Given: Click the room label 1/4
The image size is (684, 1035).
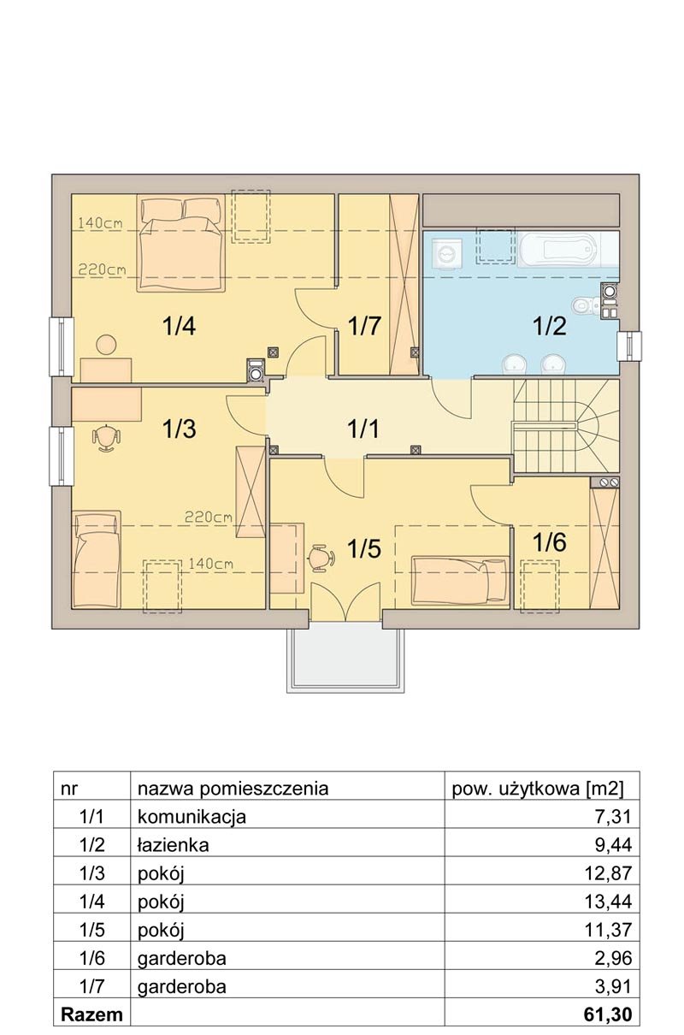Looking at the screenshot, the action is [180, 326].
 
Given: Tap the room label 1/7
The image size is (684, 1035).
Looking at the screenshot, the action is [364, 326].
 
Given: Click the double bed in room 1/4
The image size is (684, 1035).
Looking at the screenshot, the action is [180, 244].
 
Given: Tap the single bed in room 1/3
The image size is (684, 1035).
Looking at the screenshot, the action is [97, 559].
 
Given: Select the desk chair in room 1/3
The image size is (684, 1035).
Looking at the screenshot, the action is [106, 437].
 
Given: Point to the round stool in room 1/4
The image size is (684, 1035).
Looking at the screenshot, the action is [106, 344].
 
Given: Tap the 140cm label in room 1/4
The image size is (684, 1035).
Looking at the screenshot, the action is [100, 223].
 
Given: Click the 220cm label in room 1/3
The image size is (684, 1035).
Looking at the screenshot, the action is [209, 517].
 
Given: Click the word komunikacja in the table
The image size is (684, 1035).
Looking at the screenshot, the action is [192, 818].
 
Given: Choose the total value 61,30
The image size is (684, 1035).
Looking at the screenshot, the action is [608, 1014].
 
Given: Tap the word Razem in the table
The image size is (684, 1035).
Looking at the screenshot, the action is [91, 1014].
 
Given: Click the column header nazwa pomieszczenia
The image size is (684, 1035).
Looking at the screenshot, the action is [233, 790].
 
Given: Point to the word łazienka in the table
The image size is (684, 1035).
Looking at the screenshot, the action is [174, 845].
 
